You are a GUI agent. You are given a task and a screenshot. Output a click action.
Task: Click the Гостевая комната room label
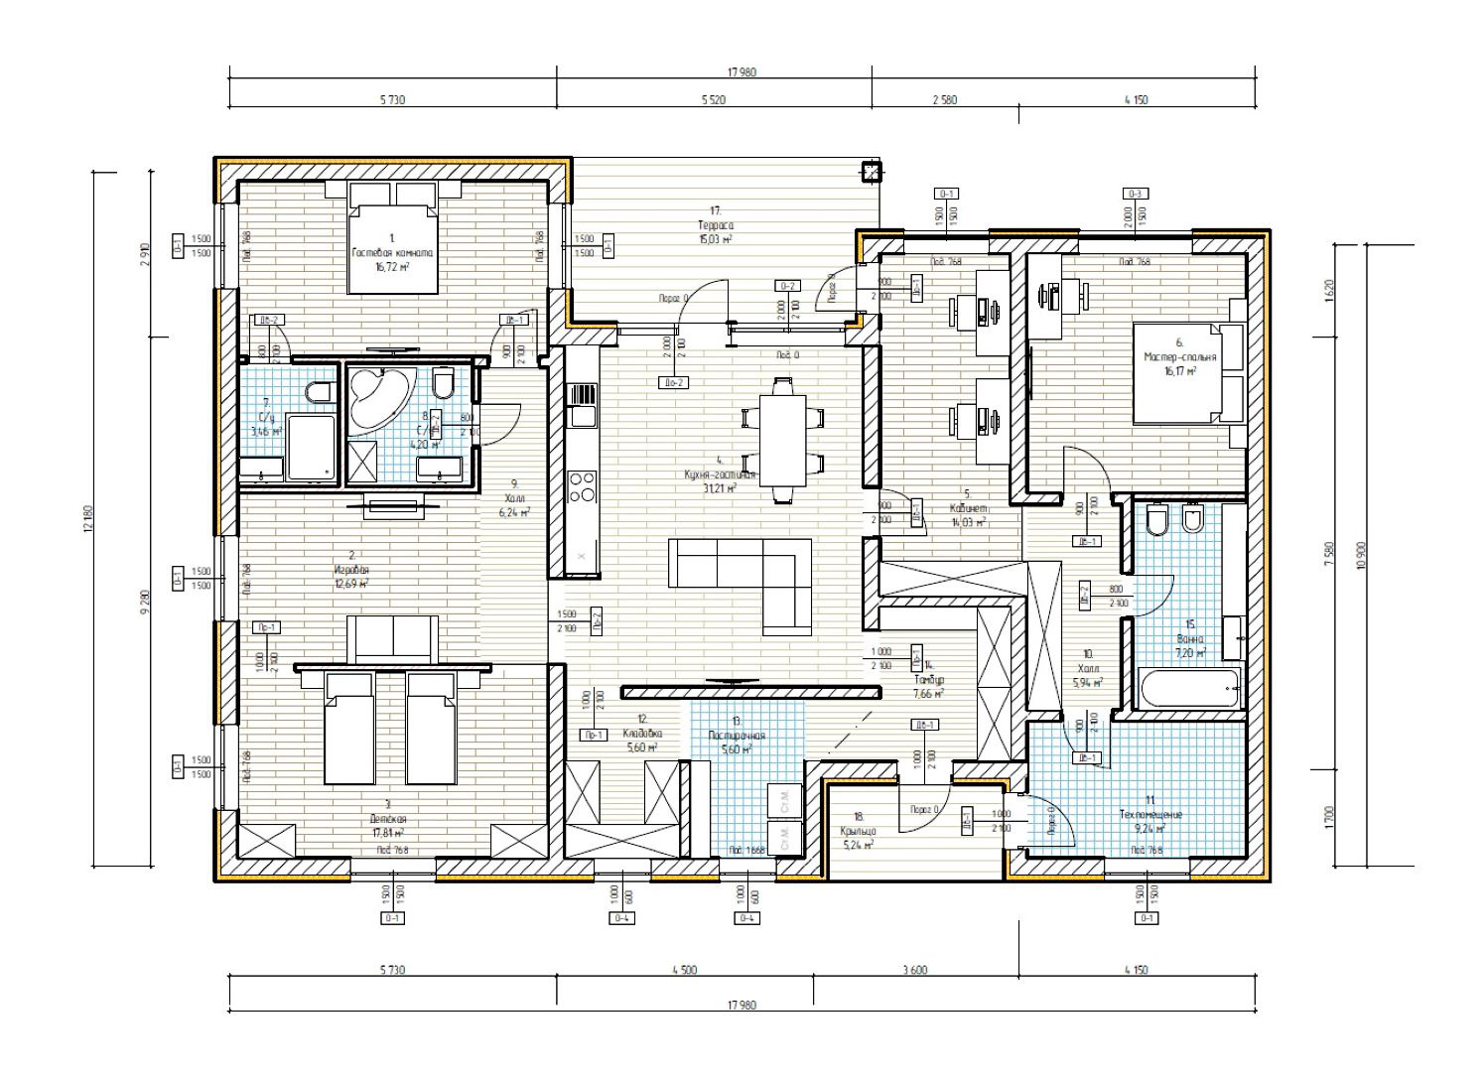tap(392, 253)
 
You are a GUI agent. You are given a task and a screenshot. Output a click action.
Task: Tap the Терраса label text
tap(715, 225)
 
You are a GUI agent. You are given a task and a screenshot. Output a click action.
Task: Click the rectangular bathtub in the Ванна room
tap(1188, 688)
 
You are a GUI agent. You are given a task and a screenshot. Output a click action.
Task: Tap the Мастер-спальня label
tap(1179, 356)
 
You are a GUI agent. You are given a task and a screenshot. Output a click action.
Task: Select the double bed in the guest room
tap(392, 248)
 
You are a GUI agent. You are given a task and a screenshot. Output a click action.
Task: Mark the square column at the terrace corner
tap(871, 173)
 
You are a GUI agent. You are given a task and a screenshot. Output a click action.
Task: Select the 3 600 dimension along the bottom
tap(914, 970)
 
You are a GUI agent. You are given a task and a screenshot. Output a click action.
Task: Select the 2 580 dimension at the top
tap(944, 100)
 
